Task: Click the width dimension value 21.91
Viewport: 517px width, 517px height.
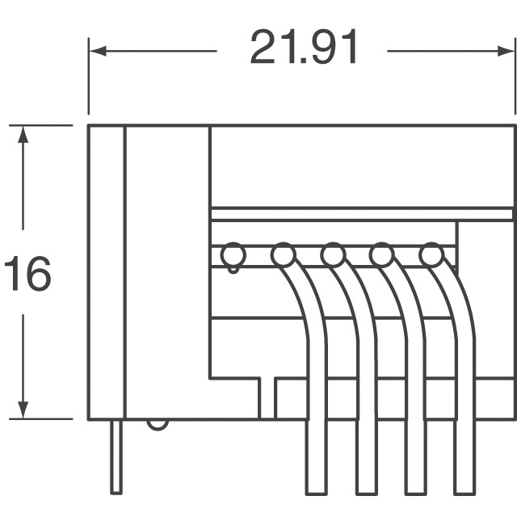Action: tap(303, 48)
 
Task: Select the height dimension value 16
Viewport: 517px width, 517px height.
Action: tap(27, 275)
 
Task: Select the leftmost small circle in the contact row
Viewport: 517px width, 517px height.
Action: tap(233, 255)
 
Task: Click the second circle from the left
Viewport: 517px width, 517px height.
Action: tap(282, 255)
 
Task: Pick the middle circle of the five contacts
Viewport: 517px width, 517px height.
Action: tap(332, 255)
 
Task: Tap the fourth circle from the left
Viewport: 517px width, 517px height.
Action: tap(381, 255)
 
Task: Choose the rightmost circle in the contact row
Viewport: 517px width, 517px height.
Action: tap(431, 255)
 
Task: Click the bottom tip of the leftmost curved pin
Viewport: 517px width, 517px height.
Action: tap(317, 490)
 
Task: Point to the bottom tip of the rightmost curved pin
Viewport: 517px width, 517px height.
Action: tap(464, 490)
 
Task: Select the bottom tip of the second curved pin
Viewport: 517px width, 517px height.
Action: tap(366, 490)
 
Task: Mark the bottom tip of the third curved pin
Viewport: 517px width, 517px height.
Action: tap(415, 490)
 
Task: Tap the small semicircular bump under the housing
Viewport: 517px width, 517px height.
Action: tap(158, 423)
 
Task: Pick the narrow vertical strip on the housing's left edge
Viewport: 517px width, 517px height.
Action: tap(107, 272)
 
